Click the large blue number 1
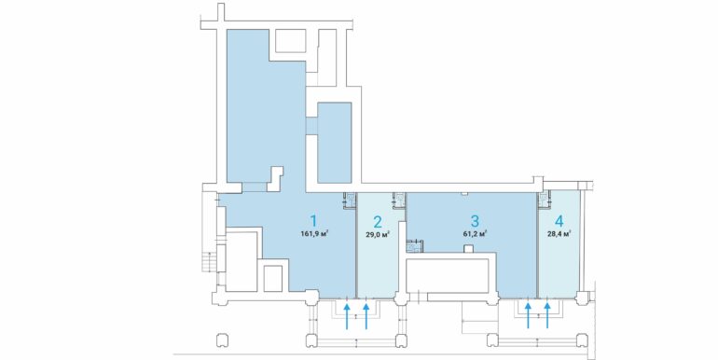(x=313, y=221)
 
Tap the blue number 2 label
(x=378, y=222)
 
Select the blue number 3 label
(x=475, y=221)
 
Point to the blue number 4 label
(x=559, y=221)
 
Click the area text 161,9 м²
(x=315, y=233)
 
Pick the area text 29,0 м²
(x=378, y=234)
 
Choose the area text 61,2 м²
(x=475, y=233)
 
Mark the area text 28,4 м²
(x=559, y=234)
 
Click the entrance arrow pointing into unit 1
(x=347, y=315)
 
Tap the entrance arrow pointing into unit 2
(x=366, y=315)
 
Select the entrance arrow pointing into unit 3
(x=528, y=315)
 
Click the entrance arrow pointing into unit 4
(x=547, y=315)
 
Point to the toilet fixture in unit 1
(x=350, y=200)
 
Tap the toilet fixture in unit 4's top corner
(x=545, y=200)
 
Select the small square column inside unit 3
(x=467, y=249)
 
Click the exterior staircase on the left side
(x=209, y=262)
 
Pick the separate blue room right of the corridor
(x=334, y=143)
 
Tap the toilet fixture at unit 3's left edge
(x=415, y=246)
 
